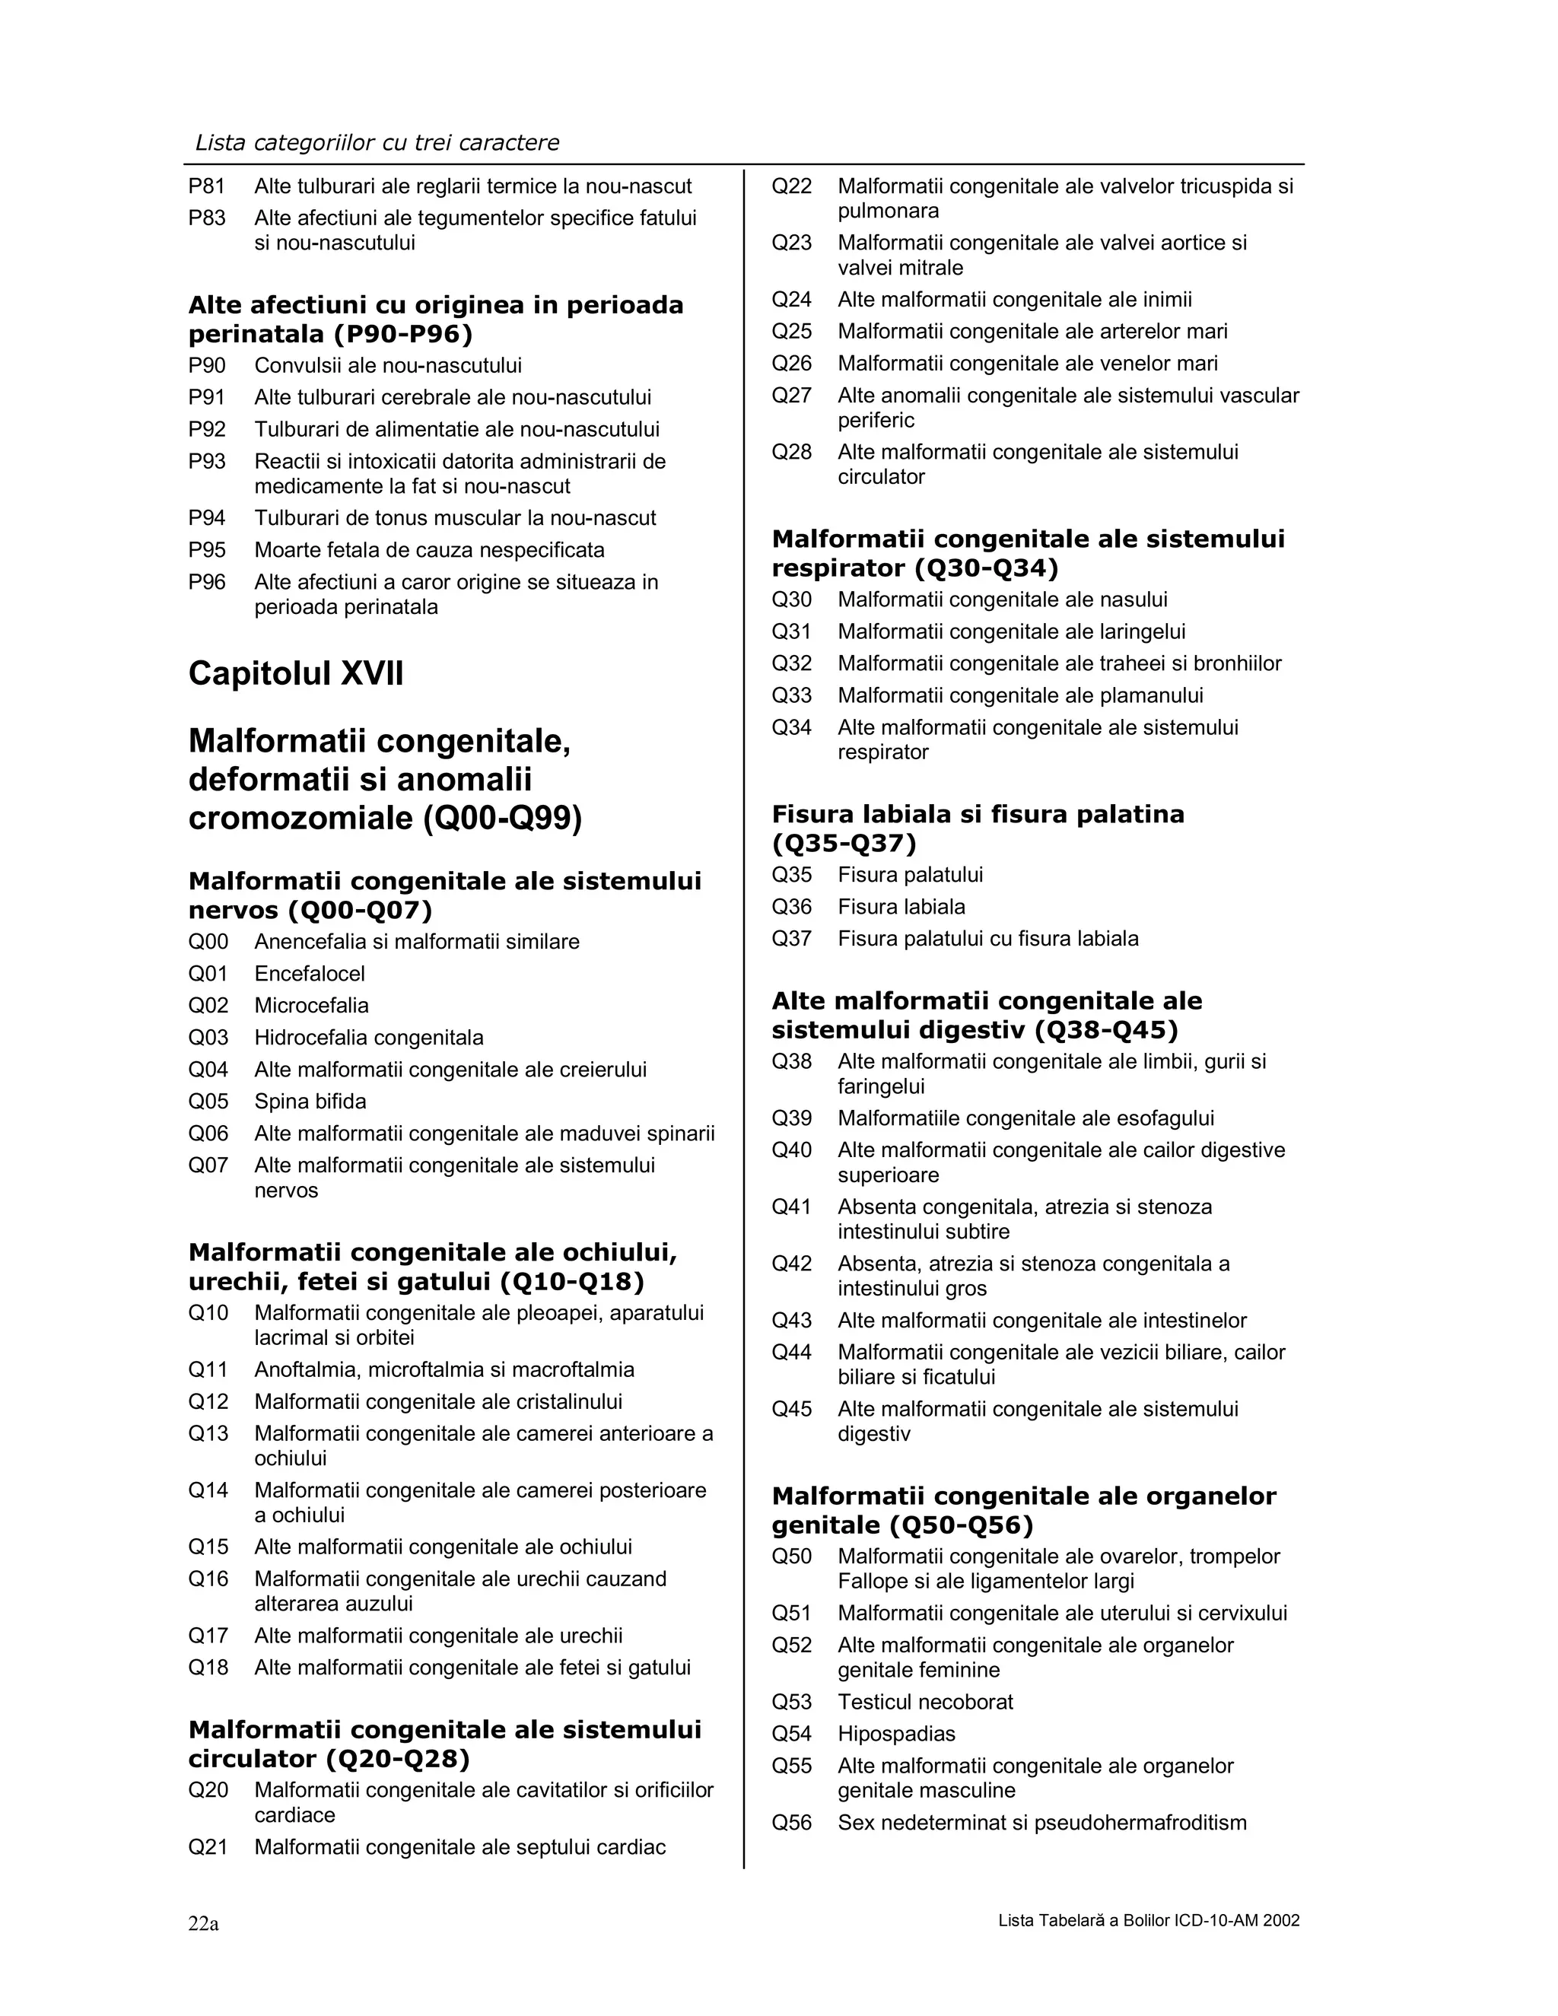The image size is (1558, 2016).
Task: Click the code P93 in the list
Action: click(x=207, y=462)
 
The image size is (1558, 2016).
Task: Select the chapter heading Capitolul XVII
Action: click(x=295, y=673)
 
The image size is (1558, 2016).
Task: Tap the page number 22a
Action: click(x=203, y=1922)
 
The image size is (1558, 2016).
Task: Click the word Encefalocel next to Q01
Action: click(x=309, y=974)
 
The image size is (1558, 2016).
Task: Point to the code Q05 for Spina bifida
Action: click(x=208, y=1102)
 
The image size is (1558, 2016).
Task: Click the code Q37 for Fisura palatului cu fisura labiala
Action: click(x=791, y=939)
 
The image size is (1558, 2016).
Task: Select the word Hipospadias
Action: click(x=895, y=1734)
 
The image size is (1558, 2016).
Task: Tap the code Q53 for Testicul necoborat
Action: click(x=791, y=1701)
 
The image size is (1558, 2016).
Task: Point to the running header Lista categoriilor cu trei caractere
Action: click(x=377, y=142)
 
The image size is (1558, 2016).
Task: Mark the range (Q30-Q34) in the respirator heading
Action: click(x=986, y=568)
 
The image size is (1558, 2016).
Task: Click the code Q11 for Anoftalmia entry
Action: click(x=208, y=1370)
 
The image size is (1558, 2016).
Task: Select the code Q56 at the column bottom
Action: click(x=791, y=1822)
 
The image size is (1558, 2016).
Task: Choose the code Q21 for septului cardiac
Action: click(x=208, y=1847)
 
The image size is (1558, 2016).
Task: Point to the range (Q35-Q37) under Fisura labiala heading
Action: click(x=844, y=843)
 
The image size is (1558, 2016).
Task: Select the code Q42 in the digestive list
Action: click(x=791, y=1264)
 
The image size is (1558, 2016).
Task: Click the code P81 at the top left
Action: click(x=207, y=186)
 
